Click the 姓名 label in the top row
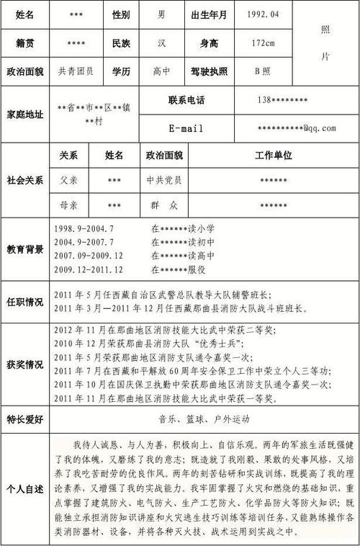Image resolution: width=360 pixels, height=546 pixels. pos(24,14)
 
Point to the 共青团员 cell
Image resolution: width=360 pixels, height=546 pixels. pos(75,71)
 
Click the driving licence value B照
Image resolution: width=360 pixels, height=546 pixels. pos(262,71)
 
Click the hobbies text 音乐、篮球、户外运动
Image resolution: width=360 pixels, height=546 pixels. pos(203,419)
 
